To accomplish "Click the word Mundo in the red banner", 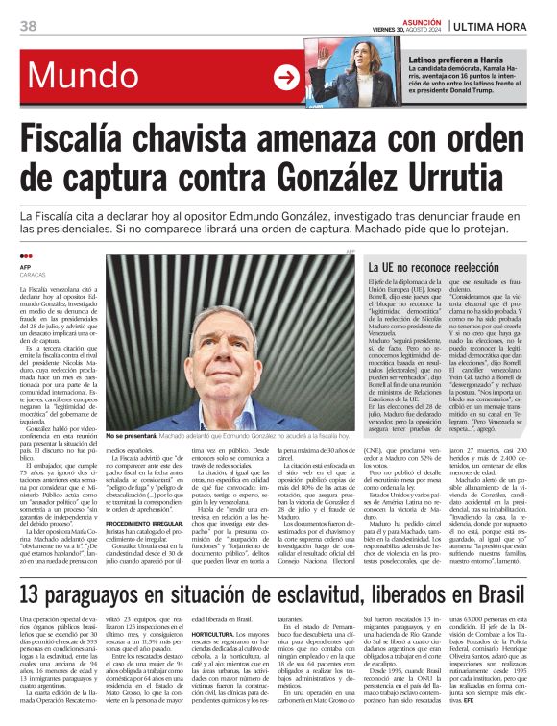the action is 85,75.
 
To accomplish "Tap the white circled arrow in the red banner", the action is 287,78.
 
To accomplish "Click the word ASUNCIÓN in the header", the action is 412,19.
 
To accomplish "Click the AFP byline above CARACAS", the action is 27,268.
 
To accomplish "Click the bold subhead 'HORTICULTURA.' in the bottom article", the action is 215,635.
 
